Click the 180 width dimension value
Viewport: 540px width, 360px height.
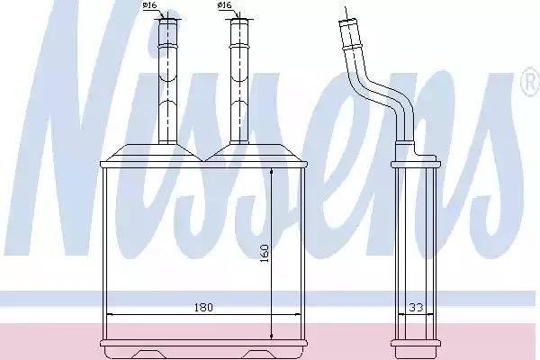[x=203, y=307]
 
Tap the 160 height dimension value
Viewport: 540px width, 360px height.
[x=264, y=253]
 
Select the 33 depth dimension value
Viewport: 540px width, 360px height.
[x=416, y=307]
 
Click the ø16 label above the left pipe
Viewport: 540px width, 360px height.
[x=149, y=5]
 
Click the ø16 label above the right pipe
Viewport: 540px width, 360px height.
[x=224, y=5]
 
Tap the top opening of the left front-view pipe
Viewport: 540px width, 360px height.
[x=167, y=20]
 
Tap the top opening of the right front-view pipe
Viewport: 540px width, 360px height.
[x=239, y=20]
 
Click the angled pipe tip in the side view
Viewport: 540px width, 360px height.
[x=348, y=22]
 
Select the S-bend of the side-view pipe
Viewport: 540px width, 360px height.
[x=379, y=91]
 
